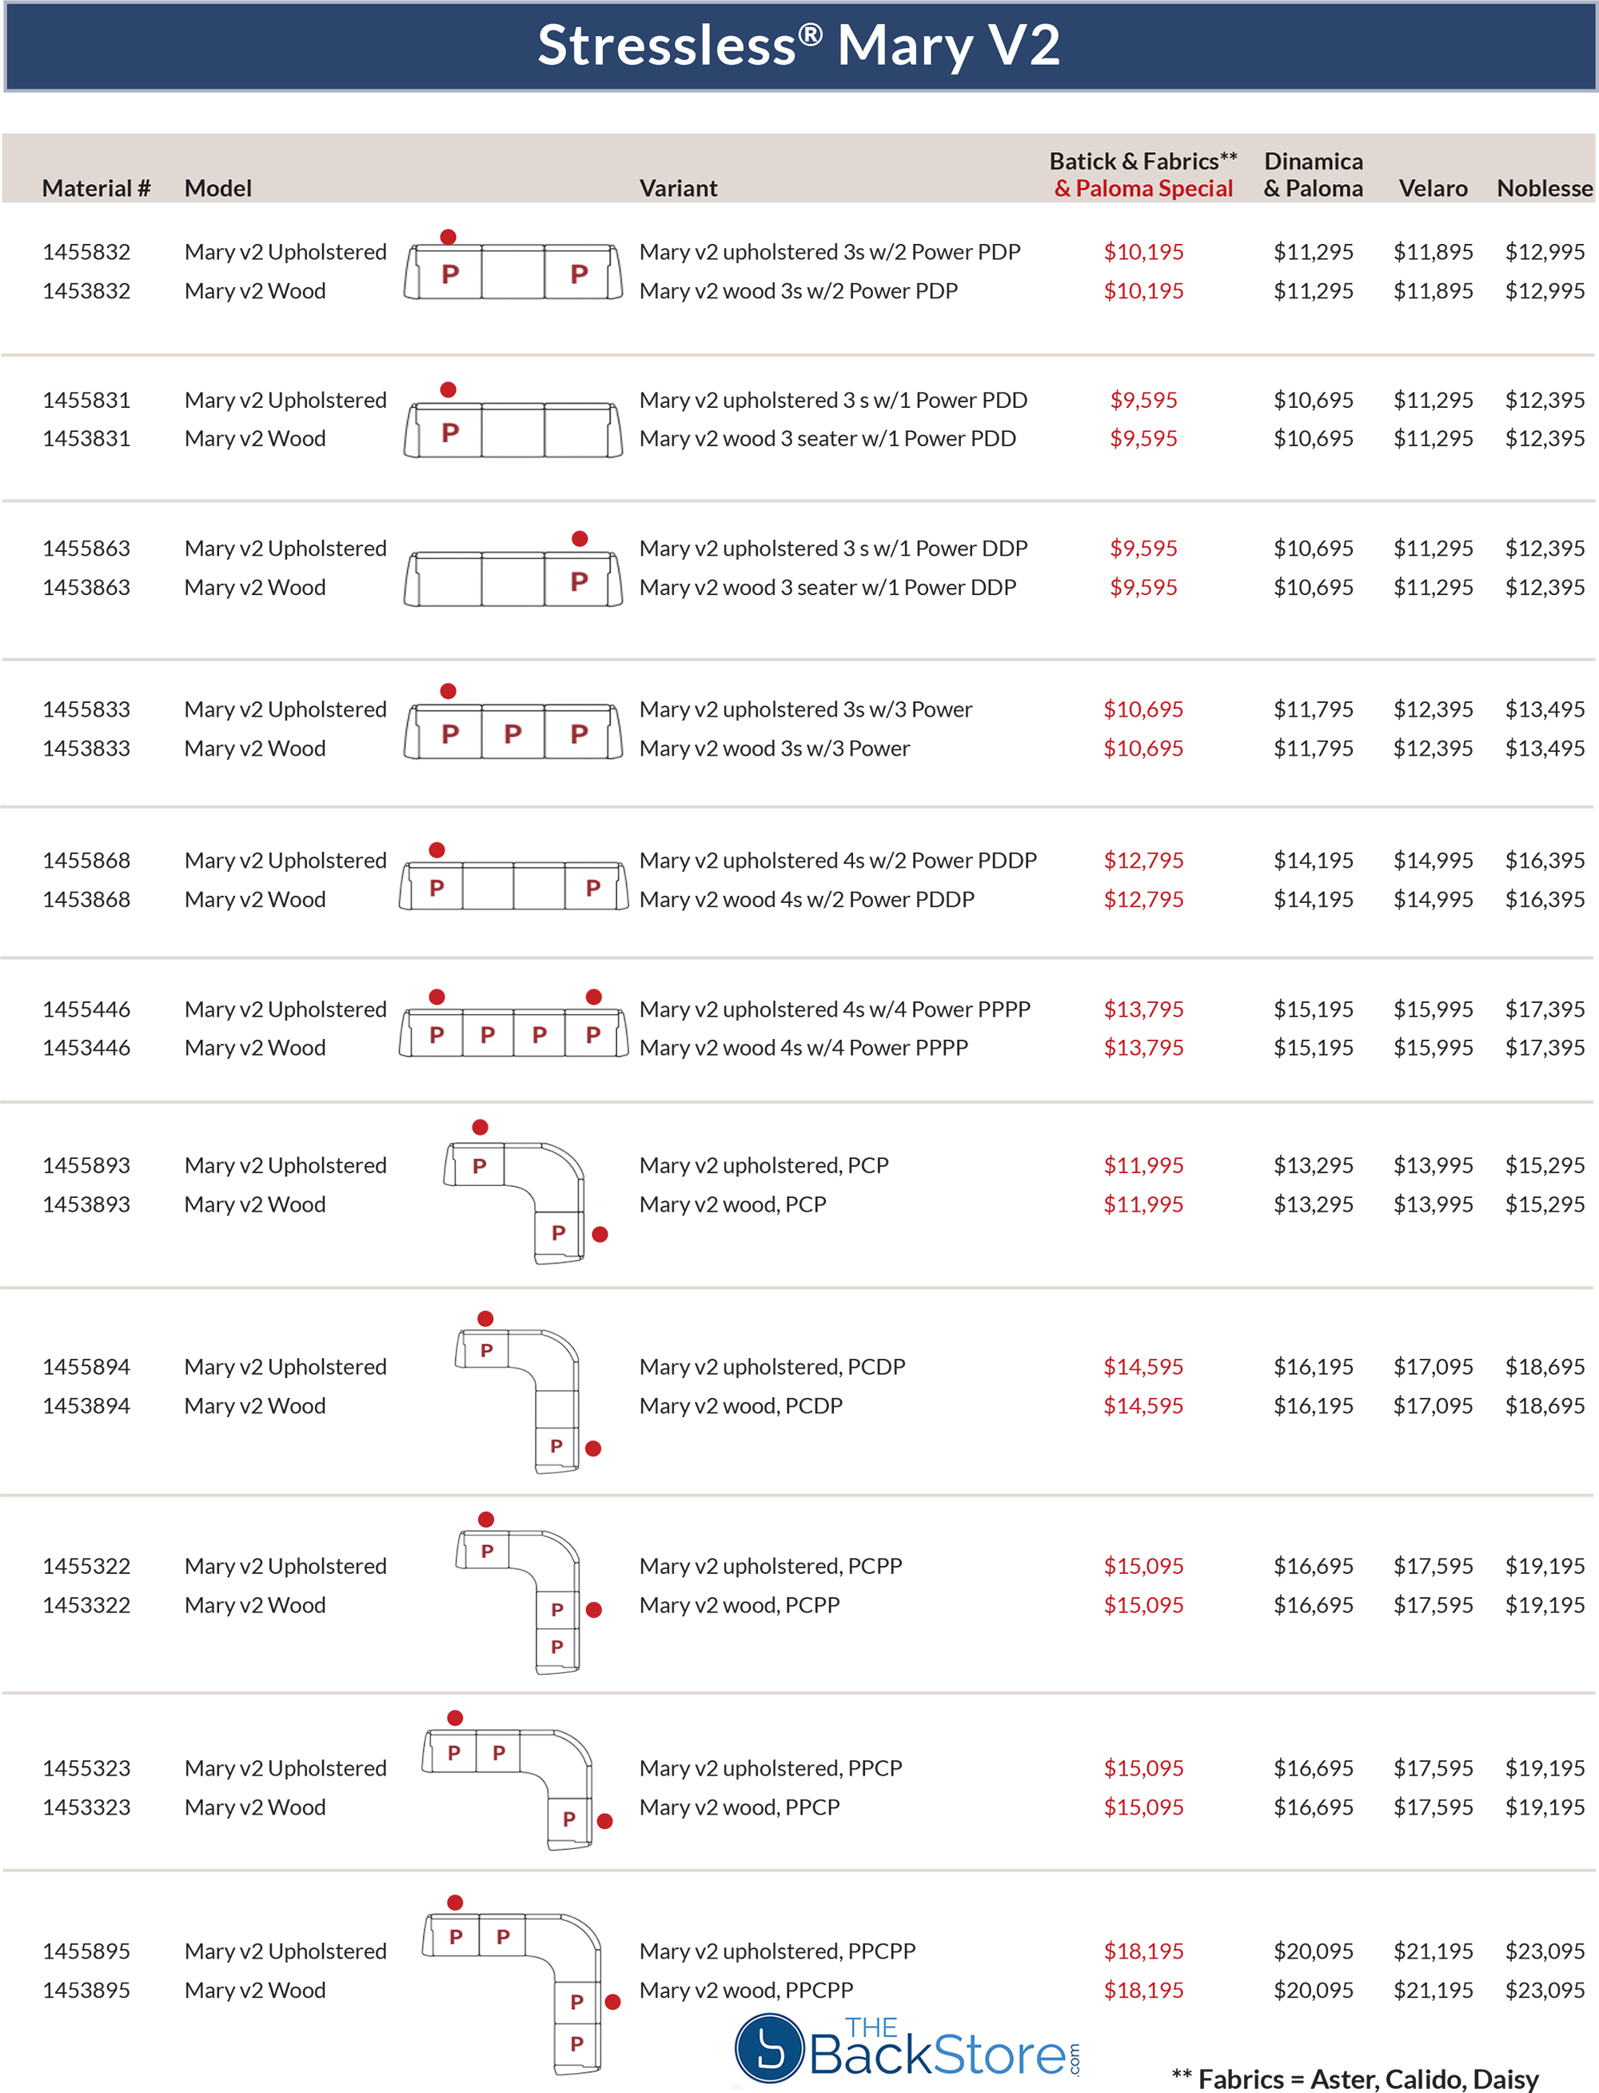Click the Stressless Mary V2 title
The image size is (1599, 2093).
(x=799, y=45)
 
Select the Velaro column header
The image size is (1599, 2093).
(x=1433, y=189)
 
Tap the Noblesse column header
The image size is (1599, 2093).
(x=1544, y=189)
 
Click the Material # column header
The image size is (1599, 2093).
(x=96, y=189)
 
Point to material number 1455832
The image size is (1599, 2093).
(x=86, y=253)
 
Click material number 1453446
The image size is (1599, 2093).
(x=86, y=1048)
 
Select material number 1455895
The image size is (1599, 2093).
(x=86, y=1951)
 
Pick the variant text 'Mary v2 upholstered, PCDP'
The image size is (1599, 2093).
(x=772, y=1368)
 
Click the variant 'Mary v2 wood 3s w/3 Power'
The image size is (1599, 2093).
(x=774, y=749)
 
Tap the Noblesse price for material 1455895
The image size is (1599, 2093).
(x=1544, y=1951)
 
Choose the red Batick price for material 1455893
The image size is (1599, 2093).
(x=1143, y=1165)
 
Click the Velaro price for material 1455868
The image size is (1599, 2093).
(x=1433, y=861)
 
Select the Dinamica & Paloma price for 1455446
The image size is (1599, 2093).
(x=1314, y=1009)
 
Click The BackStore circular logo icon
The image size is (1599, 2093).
(x=770, y=2048)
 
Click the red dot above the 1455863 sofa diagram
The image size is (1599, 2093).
(x=580, y=539)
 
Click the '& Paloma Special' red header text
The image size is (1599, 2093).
(x=1143, y=189)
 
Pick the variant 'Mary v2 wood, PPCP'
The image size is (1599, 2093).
(x=740, y=1807)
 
